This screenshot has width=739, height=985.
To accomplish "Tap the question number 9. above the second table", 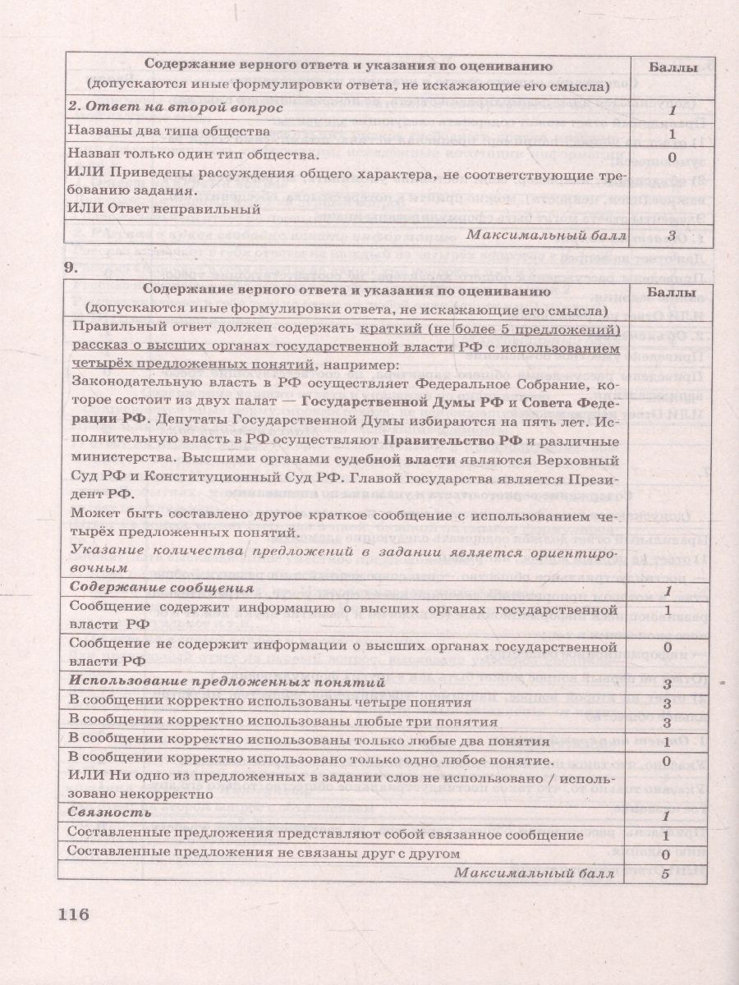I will (71, 265).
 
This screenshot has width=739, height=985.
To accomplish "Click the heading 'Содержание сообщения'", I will (160, 589).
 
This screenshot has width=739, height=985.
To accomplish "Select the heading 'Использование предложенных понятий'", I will (227, 682).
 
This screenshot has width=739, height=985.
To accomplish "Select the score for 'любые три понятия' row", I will (667, 722).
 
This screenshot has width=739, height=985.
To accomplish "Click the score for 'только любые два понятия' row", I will (667, 741).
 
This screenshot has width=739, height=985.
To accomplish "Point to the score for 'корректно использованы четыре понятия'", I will (667, 703).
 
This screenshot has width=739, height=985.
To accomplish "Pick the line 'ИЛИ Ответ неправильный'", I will (164, 208).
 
